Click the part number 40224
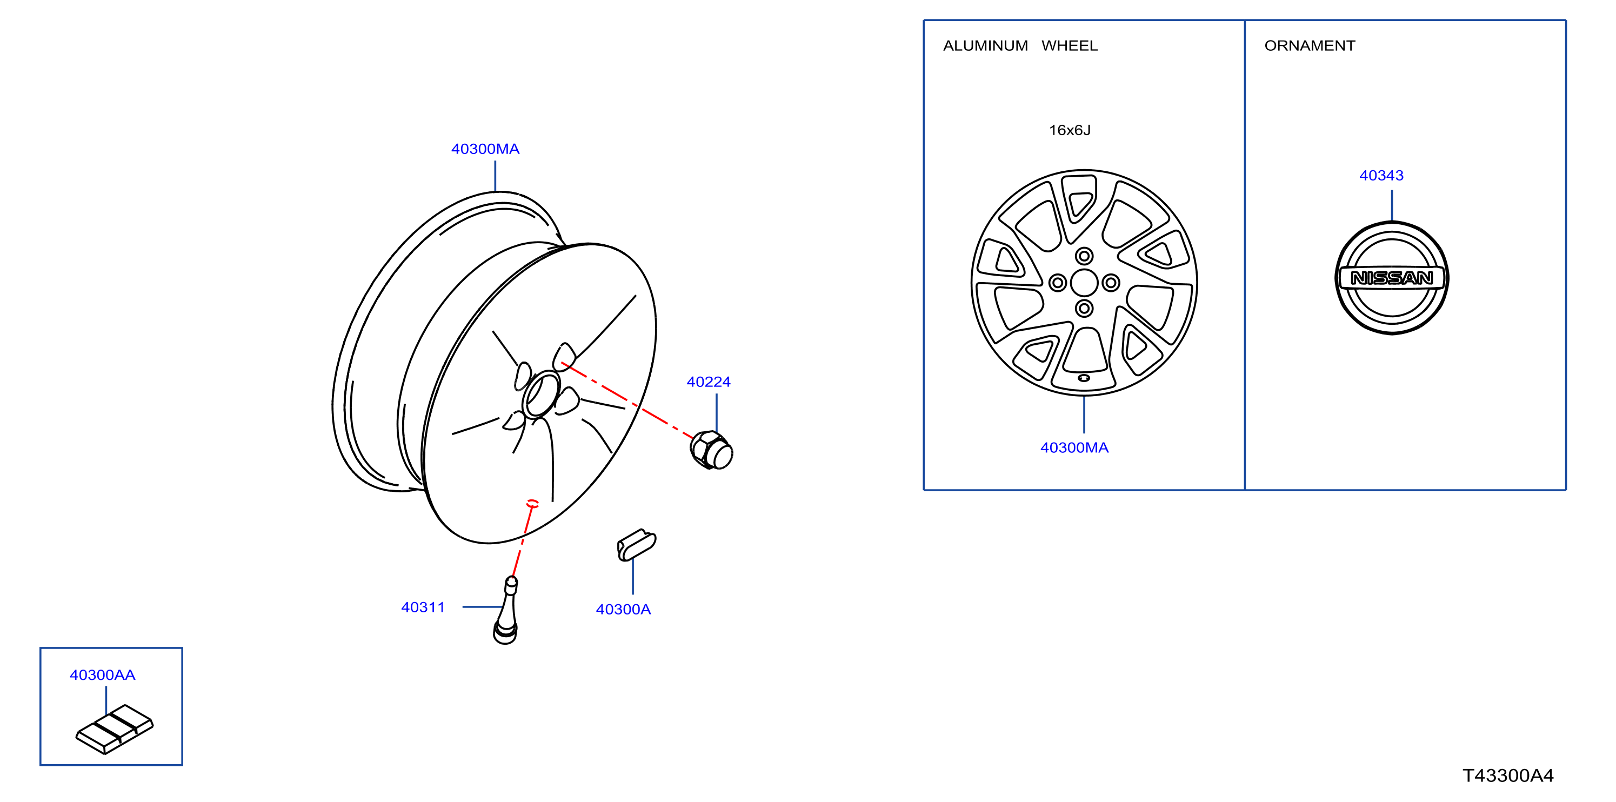708,382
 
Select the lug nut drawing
711,450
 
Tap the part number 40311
423,607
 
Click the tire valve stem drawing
506,610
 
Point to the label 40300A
623,610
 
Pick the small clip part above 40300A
636,544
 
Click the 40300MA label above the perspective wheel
485,149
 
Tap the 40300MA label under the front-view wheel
1074,447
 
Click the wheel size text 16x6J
1070,130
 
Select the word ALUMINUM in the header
985,46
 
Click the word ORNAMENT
1310,46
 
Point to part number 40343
1381,176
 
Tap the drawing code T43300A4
1508,776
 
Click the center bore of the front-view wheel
1084,282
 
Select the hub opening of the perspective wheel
541,395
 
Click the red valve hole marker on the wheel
532,503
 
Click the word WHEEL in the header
1070,46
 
